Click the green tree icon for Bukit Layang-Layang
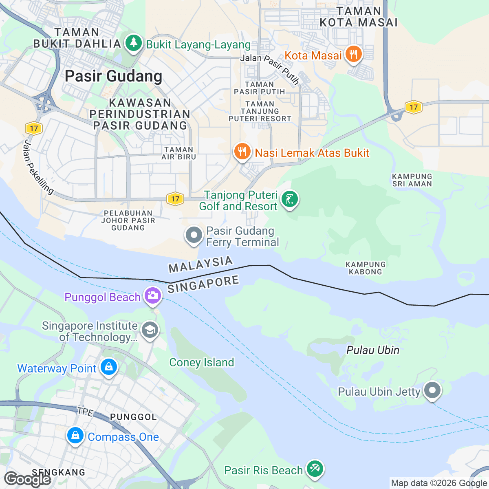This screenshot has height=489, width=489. pyautogui.click(x=133, y=43)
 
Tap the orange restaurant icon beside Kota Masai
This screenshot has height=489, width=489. pyautogui.click(x=353, y=55)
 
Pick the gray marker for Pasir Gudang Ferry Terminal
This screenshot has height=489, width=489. pyautogui.click(x=194, y=236)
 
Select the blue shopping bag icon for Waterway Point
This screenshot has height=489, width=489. pyautogui.click(x=109, y=368)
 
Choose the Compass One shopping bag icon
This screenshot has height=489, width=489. pyautogui.click(x=75, y=436)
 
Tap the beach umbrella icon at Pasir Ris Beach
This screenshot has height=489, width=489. pyautogui.click(x=314, y=469)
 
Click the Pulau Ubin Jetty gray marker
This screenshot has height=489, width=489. pyautogui.click(x=432, y=390)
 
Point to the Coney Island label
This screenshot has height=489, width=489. pyautogui.click(x=201, y=362)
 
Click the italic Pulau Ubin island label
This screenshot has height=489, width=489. pyautogui.click(x=372, y=350)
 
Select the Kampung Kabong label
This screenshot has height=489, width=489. pyautogui.click(x=366, y=268)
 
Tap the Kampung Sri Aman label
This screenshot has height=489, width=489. pyautogui.click(x=412, y=180)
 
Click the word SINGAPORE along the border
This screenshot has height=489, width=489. pyautogui.click(x=203, y=284)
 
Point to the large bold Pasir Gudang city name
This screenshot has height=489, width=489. pyautogui.click(x=113, y=76)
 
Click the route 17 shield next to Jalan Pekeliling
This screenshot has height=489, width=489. pyautogui.click(x=34, y=128)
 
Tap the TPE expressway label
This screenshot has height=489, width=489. pyautogui.click(x=85, y=412)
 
